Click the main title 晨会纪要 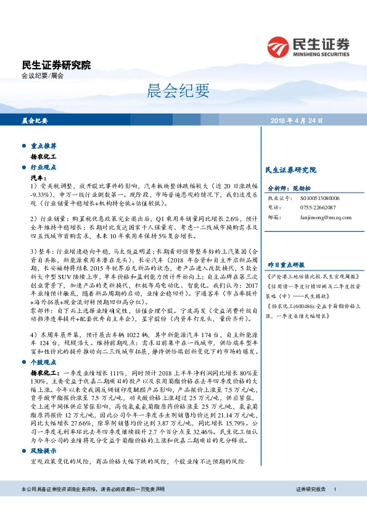pyautogui.click(x=183, y=92)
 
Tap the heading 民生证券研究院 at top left pyautogui.click(x=56, y=65)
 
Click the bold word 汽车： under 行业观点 pyautogui.click(x=39, y=177)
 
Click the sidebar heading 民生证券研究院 pyautogui.click(x=290, y=169)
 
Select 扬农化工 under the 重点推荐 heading pyautogui.click(x=44, y=157)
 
